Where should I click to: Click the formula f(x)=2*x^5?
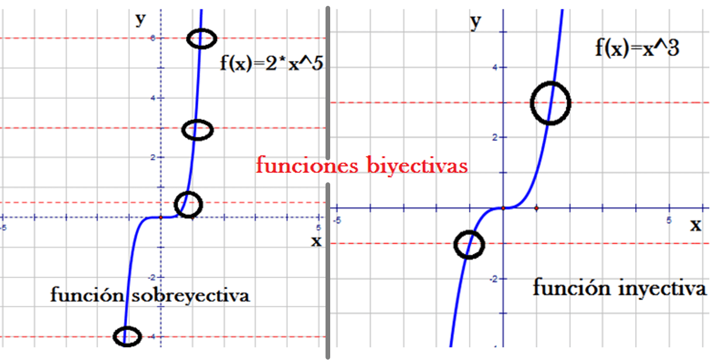click(272, 62)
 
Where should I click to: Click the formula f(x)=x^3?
click(637, 47)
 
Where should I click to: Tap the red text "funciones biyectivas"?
click(362, 166)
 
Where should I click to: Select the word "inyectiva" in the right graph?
click(661, 289)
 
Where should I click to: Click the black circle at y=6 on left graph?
click(202, 39)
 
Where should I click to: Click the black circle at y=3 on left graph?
click(198, 130)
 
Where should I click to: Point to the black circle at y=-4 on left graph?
click(127, 336)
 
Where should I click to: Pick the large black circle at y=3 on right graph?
click(550, 103)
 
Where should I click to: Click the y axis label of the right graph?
click(476, 22)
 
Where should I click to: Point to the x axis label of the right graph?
click(695, 225)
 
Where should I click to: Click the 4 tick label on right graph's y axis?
click(494, 67)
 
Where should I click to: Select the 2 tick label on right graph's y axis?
click(494, 137)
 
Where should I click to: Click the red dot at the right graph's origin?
click(503, 207)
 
